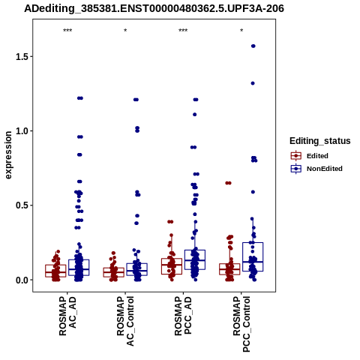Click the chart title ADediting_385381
click(154, 9)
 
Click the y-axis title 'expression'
click(8, 155)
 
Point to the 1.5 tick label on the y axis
click(21, 57)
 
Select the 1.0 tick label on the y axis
click(21, 131)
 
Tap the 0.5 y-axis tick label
click(21, 205)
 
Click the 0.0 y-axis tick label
click(21, 280)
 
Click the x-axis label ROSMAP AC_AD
click(67, 316)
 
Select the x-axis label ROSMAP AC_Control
click(125, 321)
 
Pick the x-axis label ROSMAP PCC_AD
click(183, 316)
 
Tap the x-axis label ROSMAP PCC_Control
click(241, 324)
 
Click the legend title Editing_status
click(320, 141)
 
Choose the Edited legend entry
click(310, 156)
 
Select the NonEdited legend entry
click(316, 169)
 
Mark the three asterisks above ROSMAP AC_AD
click(67, 31)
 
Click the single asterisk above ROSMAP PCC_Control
click(241, 31)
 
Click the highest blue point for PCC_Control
click(253, 46)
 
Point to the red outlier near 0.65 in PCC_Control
click(228, 183)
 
